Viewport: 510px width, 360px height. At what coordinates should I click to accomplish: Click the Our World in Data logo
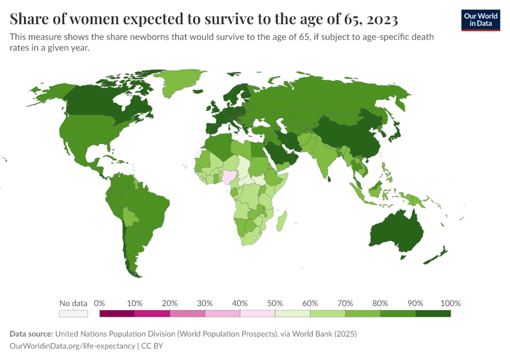[480, 19]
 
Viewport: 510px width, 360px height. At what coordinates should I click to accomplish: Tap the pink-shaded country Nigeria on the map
[230, 176]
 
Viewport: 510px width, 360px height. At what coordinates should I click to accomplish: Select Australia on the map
[397, 232]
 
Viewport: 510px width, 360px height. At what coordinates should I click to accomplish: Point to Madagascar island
[281, 220]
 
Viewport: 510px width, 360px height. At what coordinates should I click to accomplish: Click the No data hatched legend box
[73, 313]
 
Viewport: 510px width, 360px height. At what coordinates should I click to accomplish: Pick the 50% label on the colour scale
[275, 303]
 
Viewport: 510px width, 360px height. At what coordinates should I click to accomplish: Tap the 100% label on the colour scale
[450, 303]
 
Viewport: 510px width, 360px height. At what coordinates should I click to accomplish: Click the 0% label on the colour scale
[100, 303]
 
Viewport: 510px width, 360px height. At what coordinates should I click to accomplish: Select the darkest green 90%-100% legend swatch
[433, 313]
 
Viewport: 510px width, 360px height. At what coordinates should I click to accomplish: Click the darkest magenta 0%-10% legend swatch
[117, 313]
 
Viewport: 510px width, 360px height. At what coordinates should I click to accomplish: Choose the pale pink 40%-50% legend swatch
[257, 313]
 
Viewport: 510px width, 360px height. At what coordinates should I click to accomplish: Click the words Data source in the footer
[31, 334]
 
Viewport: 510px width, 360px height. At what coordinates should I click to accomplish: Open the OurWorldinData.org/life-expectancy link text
[73, 346]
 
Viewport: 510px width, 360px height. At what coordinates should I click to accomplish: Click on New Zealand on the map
[437, 256]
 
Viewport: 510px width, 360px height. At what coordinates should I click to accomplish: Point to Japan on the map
[394, 133]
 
